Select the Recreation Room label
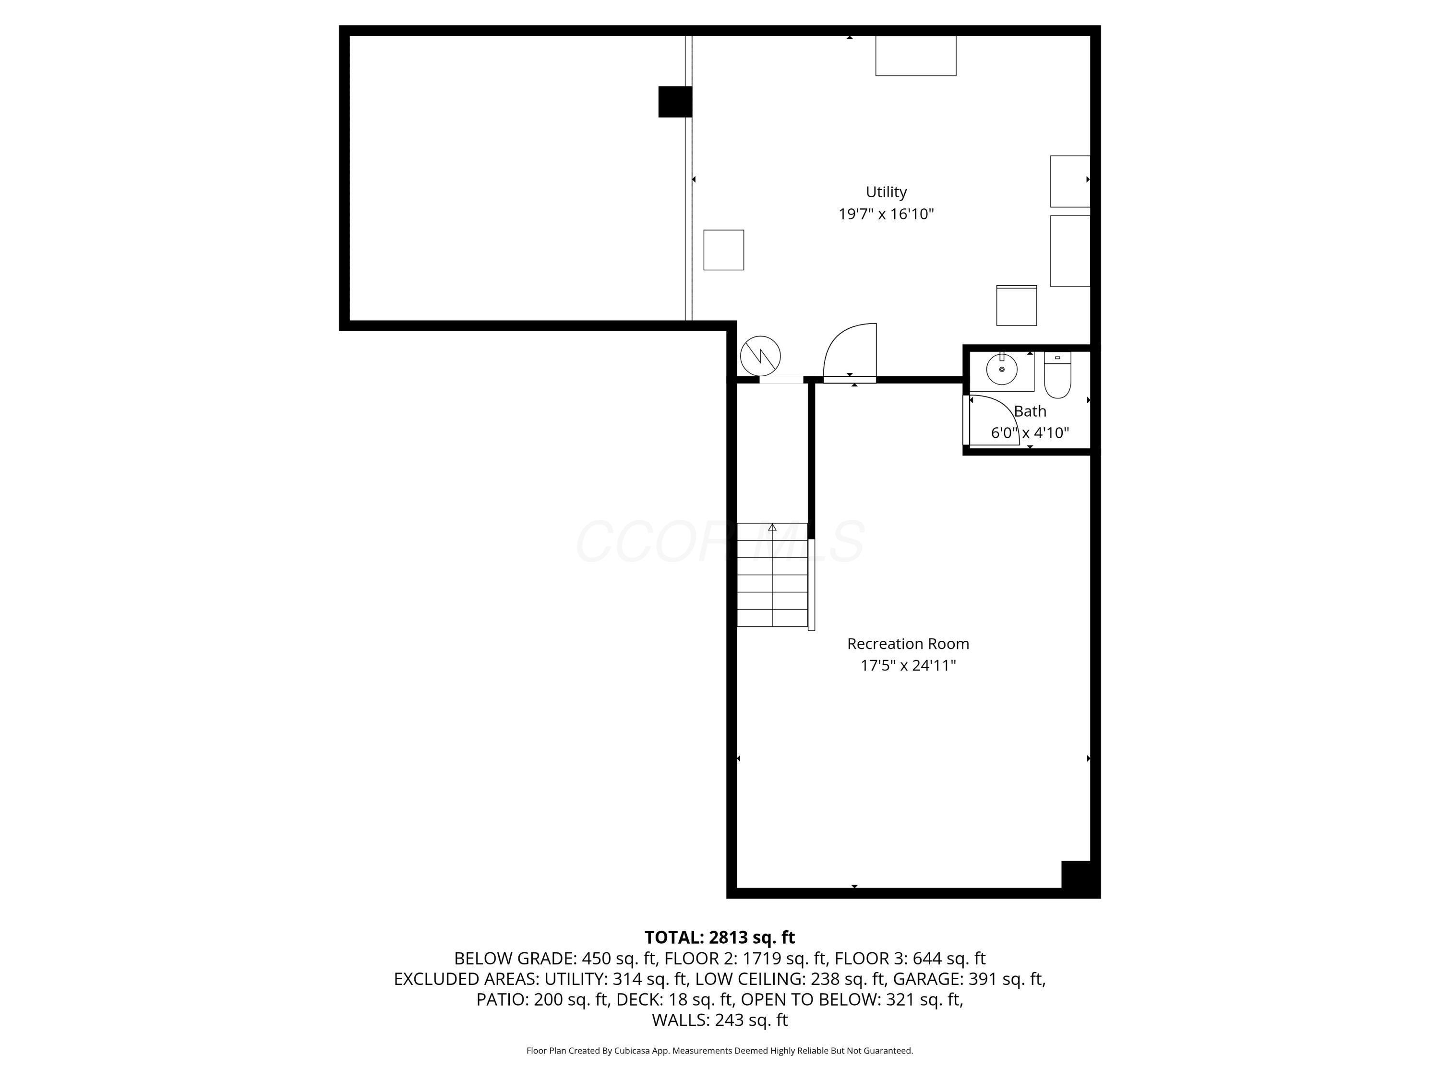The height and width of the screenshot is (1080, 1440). pos(908,644)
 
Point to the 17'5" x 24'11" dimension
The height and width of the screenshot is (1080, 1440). pos(908,665)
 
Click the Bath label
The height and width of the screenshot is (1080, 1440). pos(1030,411)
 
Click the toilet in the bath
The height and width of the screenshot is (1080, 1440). pos(1057,376)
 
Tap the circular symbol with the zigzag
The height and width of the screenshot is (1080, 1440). pos(760,356)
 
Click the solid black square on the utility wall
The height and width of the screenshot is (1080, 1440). pos(674,102)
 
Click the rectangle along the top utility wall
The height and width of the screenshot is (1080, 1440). pos(915,56)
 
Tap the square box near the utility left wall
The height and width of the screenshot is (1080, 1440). pos(723,250)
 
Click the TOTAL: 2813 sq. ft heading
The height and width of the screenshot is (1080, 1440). pos(720,937)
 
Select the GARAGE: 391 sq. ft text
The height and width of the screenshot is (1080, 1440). pos(969,979)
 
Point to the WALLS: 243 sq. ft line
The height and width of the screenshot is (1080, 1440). pos(720,1020)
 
